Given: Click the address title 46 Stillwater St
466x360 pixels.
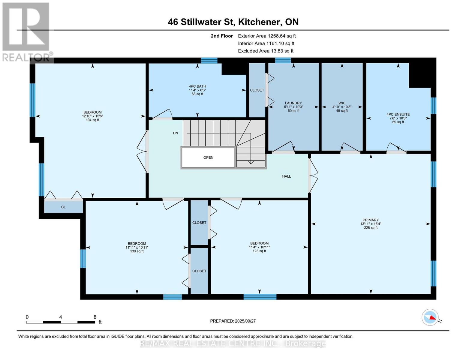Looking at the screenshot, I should click(233, 22).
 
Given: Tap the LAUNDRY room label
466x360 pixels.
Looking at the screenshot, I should click(293, 103).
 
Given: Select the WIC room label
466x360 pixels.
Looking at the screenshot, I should click(342, 103).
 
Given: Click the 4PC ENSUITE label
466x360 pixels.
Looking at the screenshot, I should click(398, 114).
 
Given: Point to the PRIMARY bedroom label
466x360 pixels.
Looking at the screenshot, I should click(371, 220).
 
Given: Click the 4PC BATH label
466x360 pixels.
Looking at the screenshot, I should click(197, 86).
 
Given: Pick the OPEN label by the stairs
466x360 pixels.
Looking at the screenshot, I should click(208, 157).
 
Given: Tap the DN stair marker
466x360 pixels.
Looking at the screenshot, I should click(176, 133).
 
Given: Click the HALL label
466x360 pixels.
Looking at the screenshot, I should click(286, 176).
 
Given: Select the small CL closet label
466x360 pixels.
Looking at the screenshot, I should click(63, 207).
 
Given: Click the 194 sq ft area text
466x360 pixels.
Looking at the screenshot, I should click(92, 120).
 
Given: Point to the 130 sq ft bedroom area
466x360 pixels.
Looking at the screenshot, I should click(137, 251).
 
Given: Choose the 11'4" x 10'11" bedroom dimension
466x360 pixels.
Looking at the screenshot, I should click(259, 247).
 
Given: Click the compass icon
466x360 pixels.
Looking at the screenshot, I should click(430, 317).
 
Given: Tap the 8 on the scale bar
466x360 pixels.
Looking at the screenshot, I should click(95, 317).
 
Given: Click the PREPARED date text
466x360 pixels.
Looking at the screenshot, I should click(233, 321).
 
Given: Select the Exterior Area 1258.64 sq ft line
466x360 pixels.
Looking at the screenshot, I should click(267, 36).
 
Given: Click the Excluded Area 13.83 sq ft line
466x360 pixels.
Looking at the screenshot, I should click(266, 51).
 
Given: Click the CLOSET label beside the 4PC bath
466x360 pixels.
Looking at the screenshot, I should click(257, 90).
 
